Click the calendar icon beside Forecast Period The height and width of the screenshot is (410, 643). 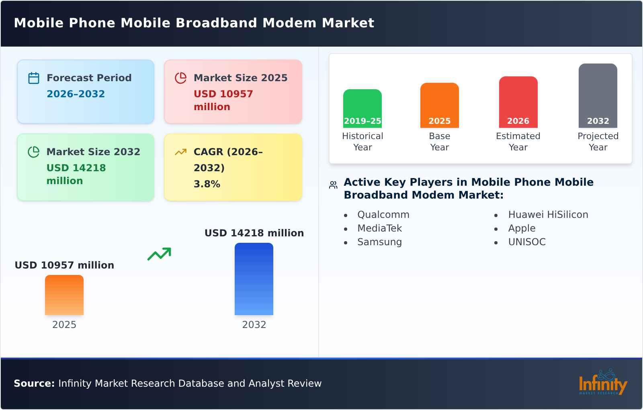point(34,78)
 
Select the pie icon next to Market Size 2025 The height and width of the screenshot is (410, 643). point(181,78)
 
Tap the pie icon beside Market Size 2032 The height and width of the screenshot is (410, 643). point(34,152)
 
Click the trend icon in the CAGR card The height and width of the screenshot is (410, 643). point(181,152)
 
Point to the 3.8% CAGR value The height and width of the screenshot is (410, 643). point(207,184)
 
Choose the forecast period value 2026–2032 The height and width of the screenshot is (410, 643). point(76,94)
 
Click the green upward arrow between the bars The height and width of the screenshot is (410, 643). point(159,254)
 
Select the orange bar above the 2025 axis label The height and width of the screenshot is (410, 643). point(64,295)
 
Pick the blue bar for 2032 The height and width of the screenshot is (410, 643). point(254,279)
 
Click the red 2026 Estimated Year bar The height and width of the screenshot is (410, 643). point(518,102)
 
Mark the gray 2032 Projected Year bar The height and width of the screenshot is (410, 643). point(598,96)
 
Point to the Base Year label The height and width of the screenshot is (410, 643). point(440,141)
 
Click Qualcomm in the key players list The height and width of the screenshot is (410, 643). point(383,215)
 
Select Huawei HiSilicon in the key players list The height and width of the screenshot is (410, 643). point(548,215)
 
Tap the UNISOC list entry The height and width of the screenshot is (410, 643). point(527,242)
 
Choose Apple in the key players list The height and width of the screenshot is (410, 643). point(522,228)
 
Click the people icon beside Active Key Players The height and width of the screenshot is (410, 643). point(333,185)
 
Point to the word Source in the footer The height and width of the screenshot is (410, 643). point(34,383)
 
